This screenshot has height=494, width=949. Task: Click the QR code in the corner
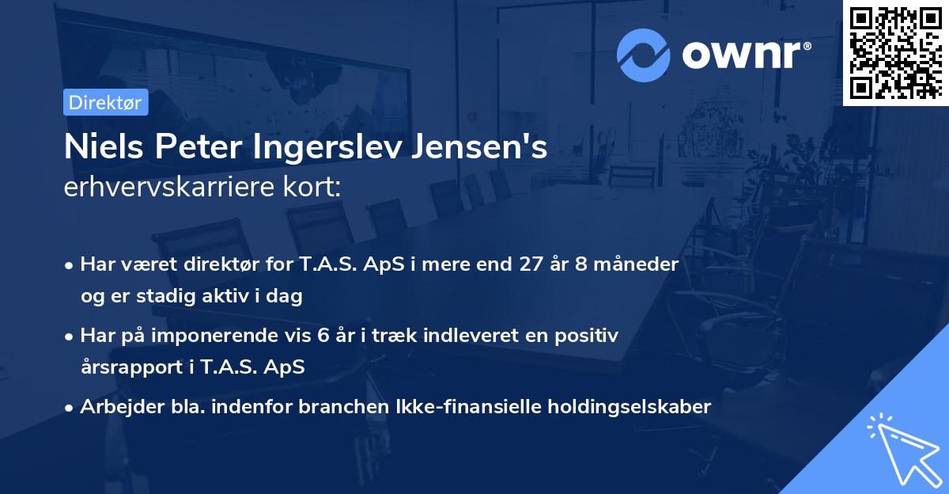896,52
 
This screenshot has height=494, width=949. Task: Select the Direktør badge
105,102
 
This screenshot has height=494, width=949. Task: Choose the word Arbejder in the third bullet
116,407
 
